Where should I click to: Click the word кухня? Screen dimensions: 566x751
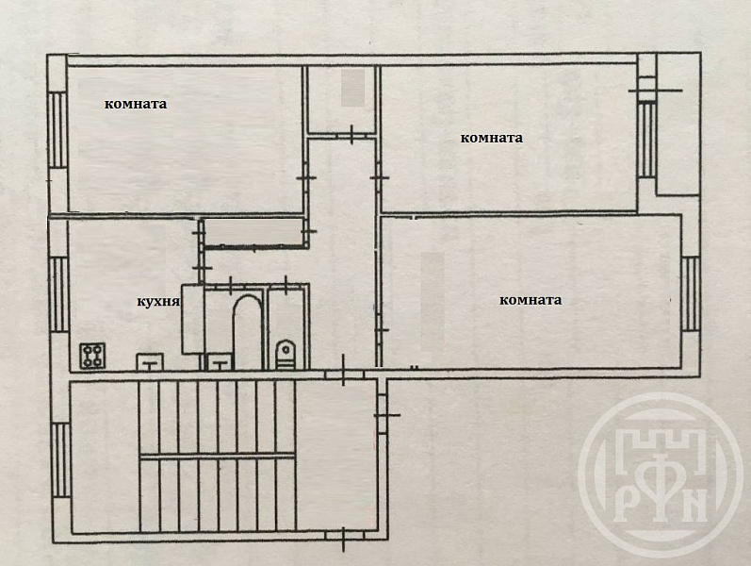[x=158, y=302]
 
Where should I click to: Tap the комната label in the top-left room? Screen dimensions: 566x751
[x=136, y=104]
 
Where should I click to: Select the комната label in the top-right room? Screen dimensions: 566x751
[x=491, y=137]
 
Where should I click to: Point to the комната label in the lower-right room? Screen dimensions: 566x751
[x=531, y=300]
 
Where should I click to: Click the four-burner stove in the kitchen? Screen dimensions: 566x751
[x=93, y=356]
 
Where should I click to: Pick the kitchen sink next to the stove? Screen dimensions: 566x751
[x=151, y=359]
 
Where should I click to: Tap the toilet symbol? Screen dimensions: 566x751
[x=286, y=354]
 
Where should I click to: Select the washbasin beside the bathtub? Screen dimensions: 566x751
[x=220, y=360]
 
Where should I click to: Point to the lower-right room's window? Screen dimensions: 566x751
[x=690, y=291]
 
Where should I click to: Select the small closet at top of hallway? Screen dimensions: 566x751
[x=341, y=98]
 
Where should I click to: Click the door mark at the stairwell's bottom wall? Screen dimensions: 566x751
[x=343, y=537]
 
